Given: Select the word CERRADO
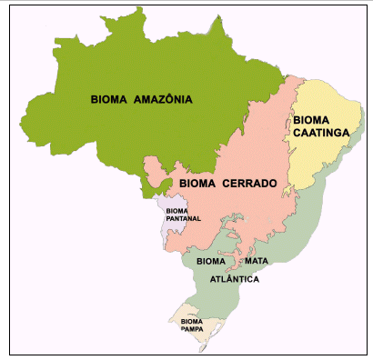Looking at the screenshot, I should pyautogui.click(x=247, y=184).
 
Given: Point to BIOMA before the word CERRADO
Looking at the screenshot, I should pyautogui.click(x=197, y=184).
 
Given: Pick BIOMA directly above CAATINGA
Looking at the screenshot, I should pyautogui.click(x=311, y=120).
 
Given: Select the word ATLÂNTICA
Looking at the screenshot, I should pyautogui.click(x=235, y=279).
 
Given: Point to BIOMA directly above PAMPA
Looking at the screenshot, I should pyautogui.click(x=191, y=321).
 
